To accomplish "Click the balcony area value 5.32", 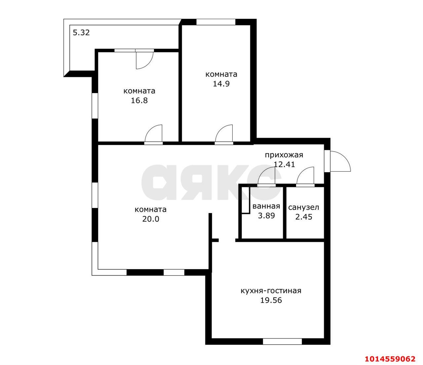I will (81, 33).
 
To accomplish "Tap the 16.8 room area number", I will (139, 100).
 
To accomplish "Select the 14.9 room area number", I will (221, 84).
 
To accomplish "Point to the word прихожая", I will (284, 155).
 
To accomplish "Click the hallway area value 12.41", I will (284, 164).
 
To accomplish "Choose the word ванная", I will (266, 206).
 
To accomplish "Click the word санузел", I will (304, 207).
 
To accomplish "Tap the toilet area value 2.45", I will (304, 217).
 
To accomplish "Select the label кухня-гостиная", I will (271, 291).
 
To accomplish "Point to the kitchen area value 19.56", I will (271, 300).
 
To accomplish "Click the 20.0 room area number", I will (151, 219).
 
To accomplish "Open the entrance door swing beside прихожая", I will (339, 162).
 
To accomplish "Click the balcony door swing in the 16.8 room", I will (143, 60).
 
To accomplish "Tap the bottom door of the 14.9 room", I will (224, 135).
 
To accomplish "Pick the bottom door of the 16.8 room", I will (154, 135).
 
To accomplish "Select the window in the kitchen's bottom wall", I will (282, 342).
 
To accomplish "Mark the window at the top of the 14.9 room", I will (216, 22).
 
